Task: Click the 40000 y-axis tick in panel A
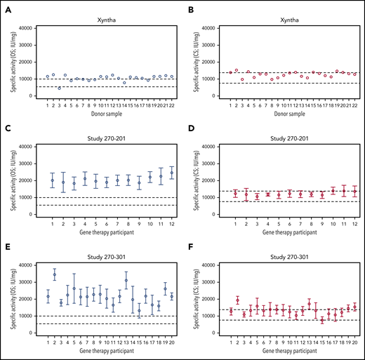coord(27,28)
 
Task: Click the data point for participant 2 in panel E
coord(55,274)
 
